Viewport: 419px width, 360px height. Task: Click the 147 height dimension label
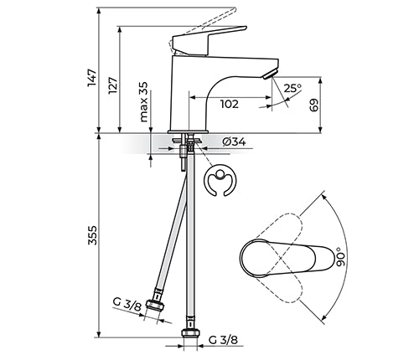tap(92, 77)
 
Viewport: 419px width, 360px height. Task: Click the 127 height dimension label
tap(113, 85)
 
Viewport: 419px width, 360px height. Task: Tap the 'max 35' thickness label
tap(143, 102)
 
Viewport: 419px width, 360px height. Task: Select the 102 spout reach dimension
tap(230, 104)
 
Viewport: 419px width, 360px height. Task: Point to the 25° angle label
tap(292, 88)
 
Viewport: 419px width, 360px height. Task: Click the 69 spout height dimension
tap(314, 105)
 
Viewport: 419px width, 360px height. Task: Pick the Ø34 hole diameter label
tap(234, 141)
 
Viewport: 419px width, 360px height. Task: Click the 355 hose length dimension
tap(92, 235)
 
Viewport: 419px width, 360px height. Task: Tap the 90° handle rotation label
tap(340, 256)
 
